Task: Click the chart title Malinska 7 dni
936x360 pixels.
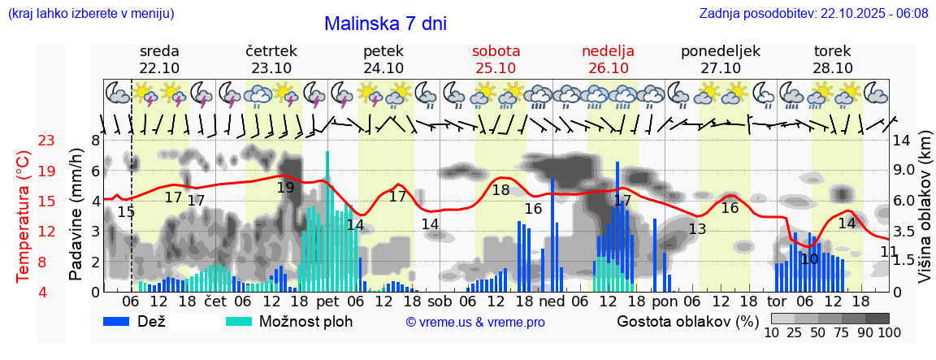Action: coord(385,24)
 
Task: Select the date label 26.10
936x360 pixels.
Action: coord(608,68)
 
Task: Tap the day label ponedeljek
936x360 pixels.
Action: coord(720,50)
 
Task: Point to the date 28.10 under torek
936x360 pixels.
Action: coord(832,68)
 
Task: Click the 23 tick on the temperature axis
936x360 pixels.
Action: coord(46,141)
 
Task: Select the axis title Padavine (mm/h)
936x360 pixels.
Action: coord(76,215)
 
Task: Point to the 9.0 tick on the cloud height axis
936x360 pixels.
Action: coord(903,171)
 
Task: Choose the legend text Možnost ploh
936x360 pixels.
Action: coord(305,321)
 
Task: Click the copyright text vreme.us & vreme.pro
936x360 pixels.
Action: coord(474,322)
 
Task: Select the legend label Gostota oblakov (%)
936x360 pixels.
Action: coord(686,321)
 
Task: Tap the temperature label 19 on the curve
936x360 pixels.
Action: coord(285,187)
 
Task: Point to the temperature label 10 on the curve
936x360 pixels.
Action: coord(808,259)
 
